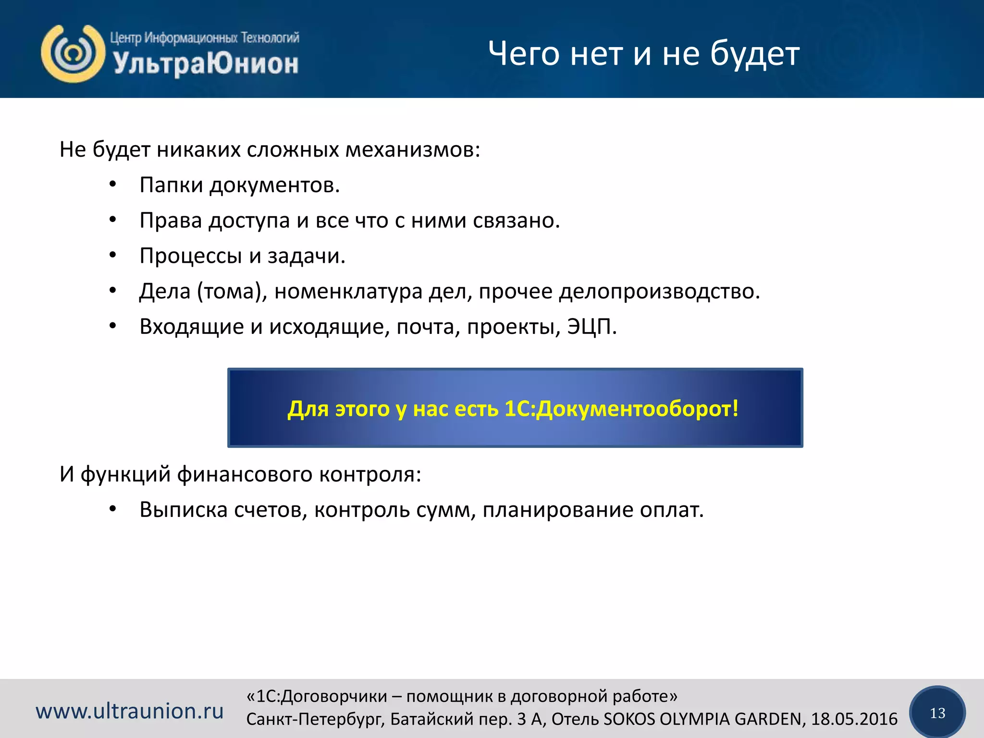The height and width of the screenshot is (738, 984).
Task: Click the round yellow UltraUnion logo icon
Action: pos(73,53)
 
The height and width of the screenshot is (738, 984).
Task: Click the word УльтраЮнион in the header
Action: pos(206,64)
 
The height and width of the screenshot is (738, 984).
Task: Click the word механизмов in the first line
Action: pos(413,150)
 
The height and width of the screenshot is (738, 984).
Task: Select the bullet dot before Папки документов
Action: pos(112,185)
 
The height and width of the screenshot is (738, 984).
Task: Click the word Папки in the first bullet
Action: pos(171,185)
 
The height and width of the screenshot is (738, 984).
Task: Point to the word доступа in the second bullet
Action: pos(249,221)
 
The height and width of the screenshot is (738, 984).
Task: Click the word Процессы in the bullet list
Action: pos(191,256)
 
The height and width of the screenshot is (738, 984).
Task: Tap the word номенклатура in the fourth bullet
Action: pos(348,291)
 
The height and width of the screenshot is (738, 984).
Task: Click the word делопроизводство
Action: pos(659,291)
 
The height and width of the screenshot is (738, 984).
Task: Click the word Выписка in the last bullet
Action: pos(184,510)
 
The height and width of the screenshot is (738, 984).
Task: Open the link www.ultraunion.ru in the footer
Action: pos(130,711)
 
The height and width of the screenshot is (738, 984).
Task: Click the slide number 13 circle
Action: pos(937,713)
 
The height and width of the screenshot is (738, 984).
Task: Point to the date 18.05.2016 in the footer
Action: pos(854,719)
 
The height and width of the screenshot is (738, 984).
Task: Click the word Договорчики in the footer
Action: pos(334,696)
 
